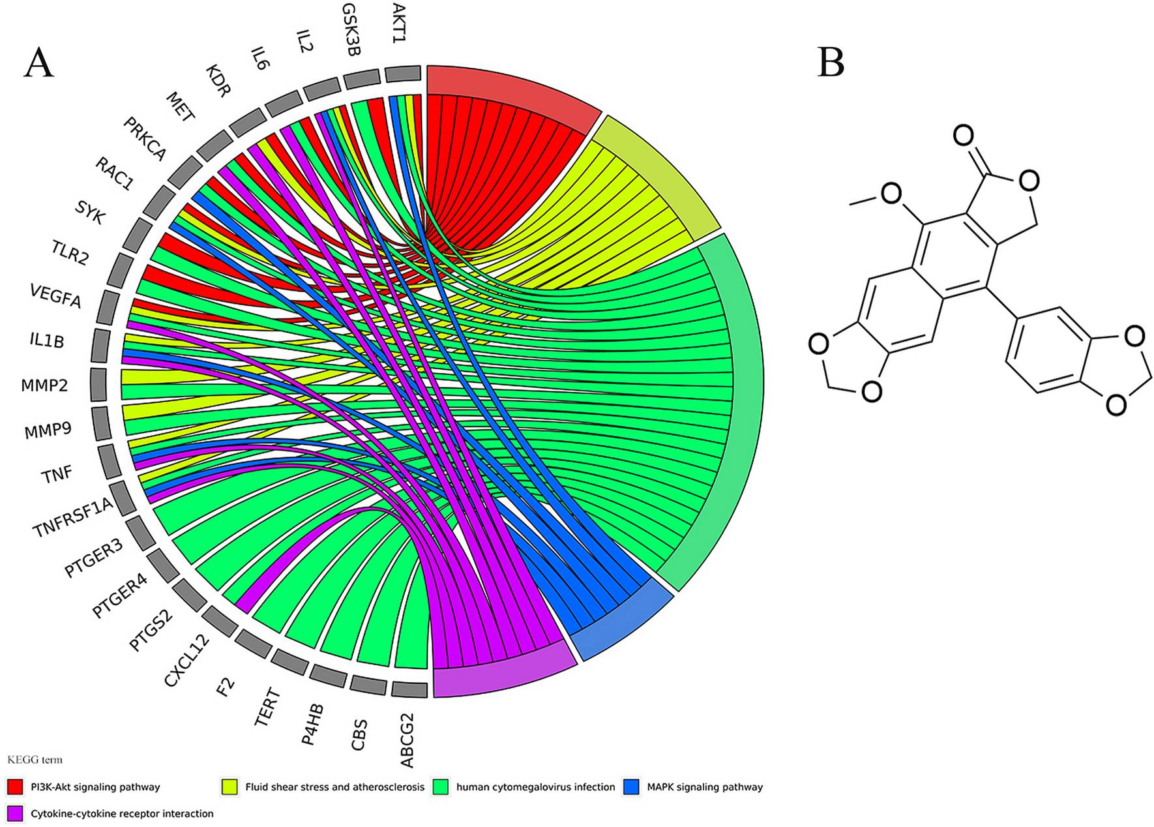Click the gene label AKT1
click(x=399, y=23)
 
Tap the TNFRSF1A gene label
click(x=73, y=519)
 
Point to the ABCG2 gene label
click(x=407, y=740)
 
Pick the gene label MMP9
click(x=48, y=430)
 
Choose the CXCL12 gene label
click(x=186, y=661)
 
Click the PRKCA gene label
click(x=145, y=139)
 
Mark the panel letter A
click(x=38, y=63)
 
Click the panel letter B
click(x=831, y=63)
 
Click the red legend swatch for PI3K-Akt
click(x=15, y=787)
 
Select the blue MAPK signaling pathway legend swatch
click(x=631, y=787)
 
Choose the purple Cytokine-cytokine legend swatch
click(x=15, y=813)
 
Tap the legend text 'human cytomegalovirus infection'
click(x=535, y=787)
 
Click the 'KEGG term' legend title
click(x=35, y=760)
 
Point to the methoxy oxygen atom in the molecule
click(x=891, y=193)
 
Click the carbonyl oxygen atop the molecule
click(x=964, y=136)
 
